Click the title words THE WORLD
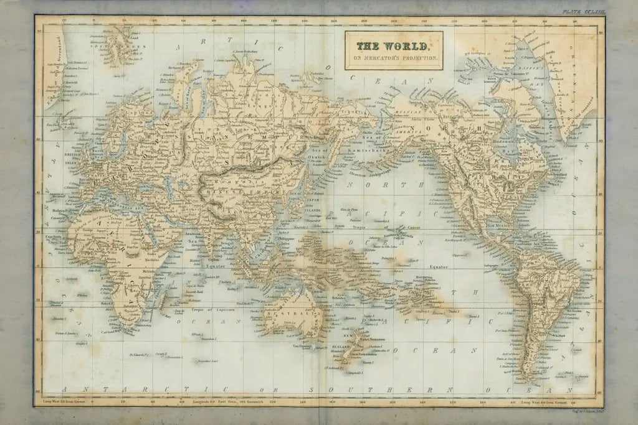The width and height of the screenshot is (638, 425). point(392,47)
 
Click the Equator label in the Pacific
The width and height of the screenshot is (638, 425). point(439,266)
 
